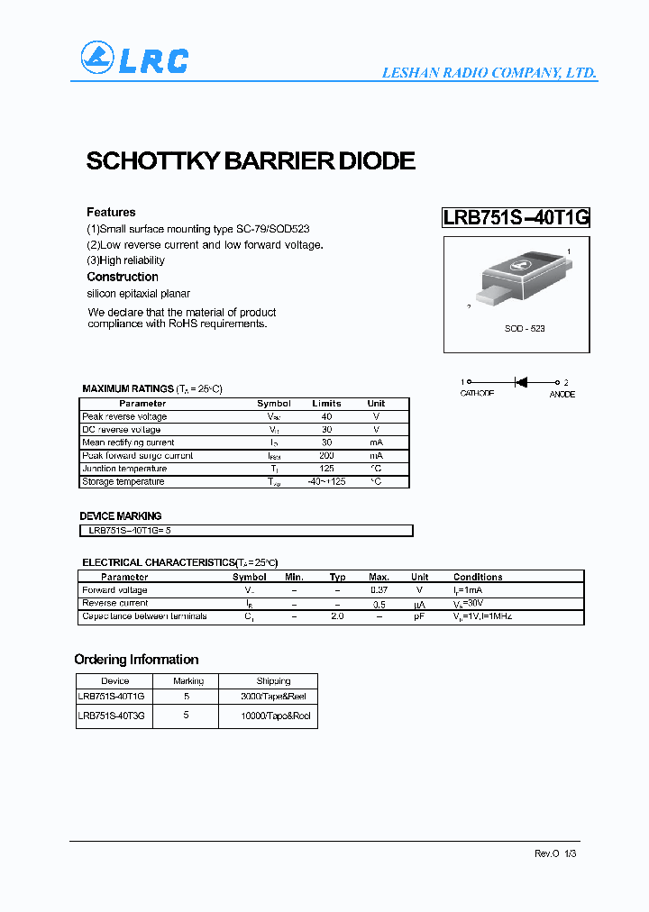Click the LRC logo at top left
(134, 59)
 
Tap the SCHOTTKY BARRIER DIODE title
(251, 161)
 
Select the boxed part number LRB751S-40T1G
(516, 217)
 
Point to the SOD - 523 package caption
(525, 329)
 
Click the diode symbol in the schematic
(520, 382)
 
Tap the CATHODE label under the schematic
(477, 395)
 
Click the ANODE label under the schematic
(562, 395)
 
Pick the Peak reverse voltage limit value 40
(326, 416)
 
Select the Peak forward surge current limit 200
(326, 456)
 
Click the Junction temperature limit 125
(326, 469)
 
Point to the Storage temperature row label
(123, 481)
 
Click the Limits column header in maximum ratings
(326, 404)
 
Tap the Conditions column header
(478, 577)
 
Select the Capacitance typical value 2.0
(337, 616)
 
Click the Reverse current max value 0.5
(379, 603)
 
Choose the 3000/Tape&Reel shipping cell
(273, 697)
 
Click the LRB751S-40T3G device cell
(111, 715)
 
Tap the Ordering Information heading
(136, 660)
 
